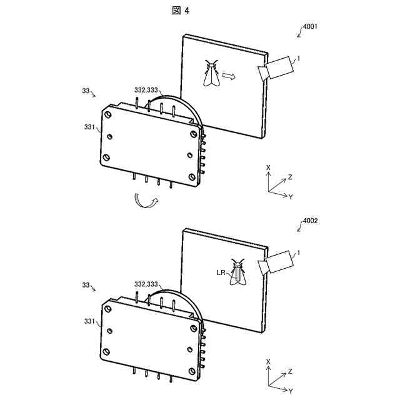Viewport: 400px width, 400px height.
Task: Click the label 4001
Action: click(x=311, y=27)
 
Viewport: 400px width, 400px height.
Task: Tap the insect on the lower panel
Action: click(x=237, y=273)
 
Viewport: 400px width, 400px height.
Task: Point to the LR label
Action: click(x=222, y=272)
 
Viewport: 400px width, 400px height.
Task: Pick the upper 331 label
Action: click(x=89, y=127)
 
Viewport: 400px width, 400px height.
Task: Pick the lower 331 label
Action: click(x=89, y=321)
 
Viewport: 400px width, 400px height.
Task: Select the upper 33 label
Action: click(x=86, y=91)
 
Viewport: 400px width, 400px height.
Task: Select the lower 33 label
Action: click(x=86, y=284)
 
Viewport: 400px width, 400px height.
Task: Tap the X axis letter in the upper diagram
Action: click(x=268, y=168)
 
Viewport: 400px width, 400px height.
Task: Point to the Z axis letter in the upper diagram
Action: click(x=290, y=177)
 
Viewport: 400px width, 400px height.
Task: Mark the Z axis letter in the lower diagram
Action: click(x=290, y=371)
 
